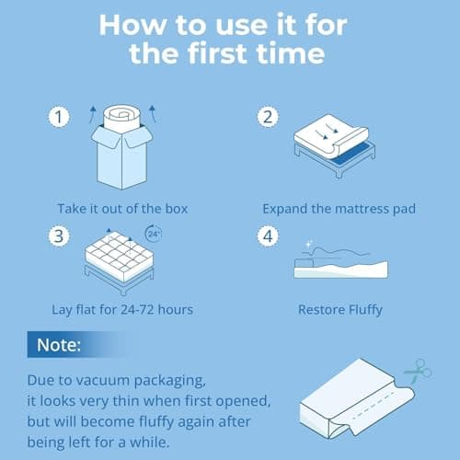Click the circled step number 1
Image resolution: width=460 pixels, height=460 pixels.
(58, 117)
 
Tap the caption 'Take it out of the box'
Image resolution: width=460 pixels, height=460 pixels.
(121, 209)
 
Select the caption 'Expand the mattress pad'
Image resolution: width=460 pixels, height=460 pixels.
(339, 209)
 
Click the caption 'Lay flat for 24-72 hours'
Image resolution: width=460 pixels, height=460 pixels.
(121, 310)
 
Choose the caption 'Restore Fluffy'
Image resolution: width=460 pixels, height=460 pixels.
(338, 310)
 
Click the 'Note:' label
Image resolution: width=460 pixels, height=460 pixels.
(59, 346)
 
